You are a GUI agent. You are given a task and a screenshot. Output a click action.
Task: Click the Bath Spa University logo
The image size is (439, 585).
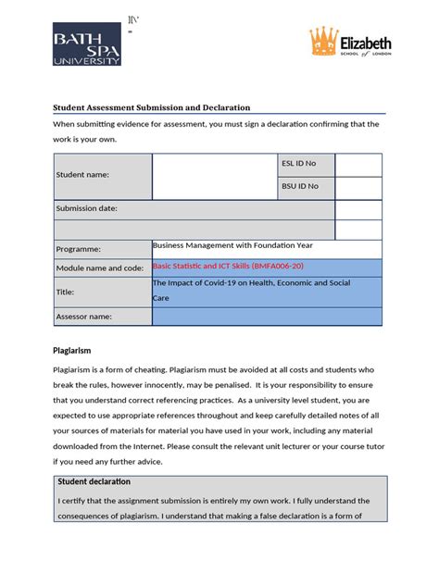tap(86, 44)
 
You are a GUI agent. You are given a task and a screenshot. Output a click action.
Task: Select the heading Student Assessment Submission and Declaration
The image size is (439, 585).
tap(151, 107)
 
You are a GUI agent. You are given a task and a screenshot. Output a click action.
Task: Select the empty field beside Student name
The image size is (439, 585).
tap(214, 176)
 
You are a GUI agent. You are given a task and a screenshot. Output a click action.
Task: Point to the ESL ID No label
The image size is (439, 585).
tap(299, 164)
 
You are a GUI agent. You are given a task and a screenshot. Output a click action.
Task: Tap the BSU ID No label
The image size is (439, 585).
tap(300, 186)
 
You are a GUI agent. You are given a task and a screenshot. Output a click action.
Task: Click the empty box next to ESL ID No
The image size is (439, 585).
tap(357, 165)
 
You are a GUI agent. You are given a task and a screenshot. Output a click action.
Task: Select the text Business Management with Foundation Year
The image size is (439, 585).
tap(232, 245)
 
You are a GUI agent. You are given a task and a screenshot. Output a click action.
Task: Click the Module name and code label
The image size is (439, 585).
tap(100, 268)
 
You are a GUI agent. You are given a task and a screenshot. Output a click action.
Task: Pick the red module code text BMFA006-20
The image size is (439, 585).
tap(277, 266)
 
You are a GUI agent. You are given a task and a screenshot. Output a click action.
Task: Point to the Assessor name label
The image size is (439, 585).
tap(84, 317)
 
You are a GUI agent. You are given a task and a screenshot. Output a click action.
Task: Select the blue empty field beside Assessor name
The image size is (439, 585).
tap(266, 317)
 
